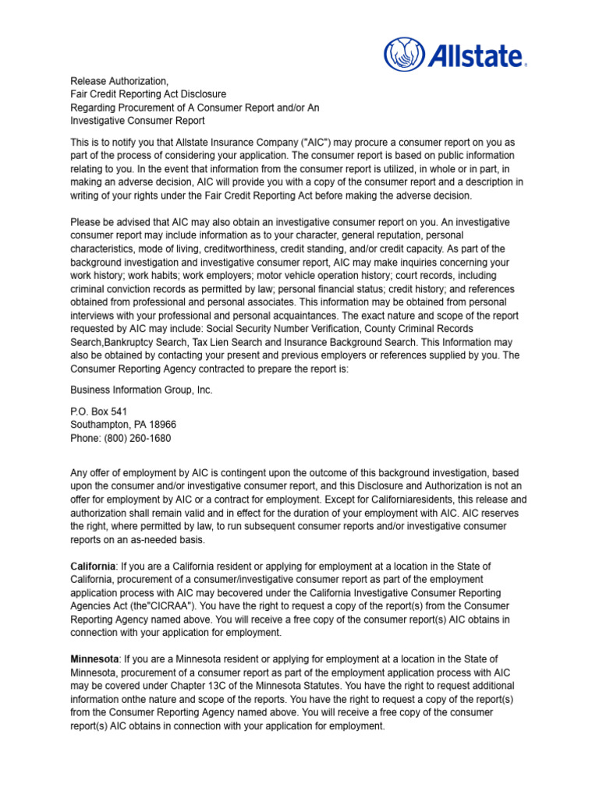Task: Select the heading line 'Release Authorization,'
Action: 119,81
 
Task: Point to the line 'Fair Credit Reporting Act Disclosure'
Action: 148,94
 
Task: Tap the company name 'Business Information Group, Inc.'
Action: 141,390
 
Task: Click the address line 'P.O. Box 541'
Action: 99,411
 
